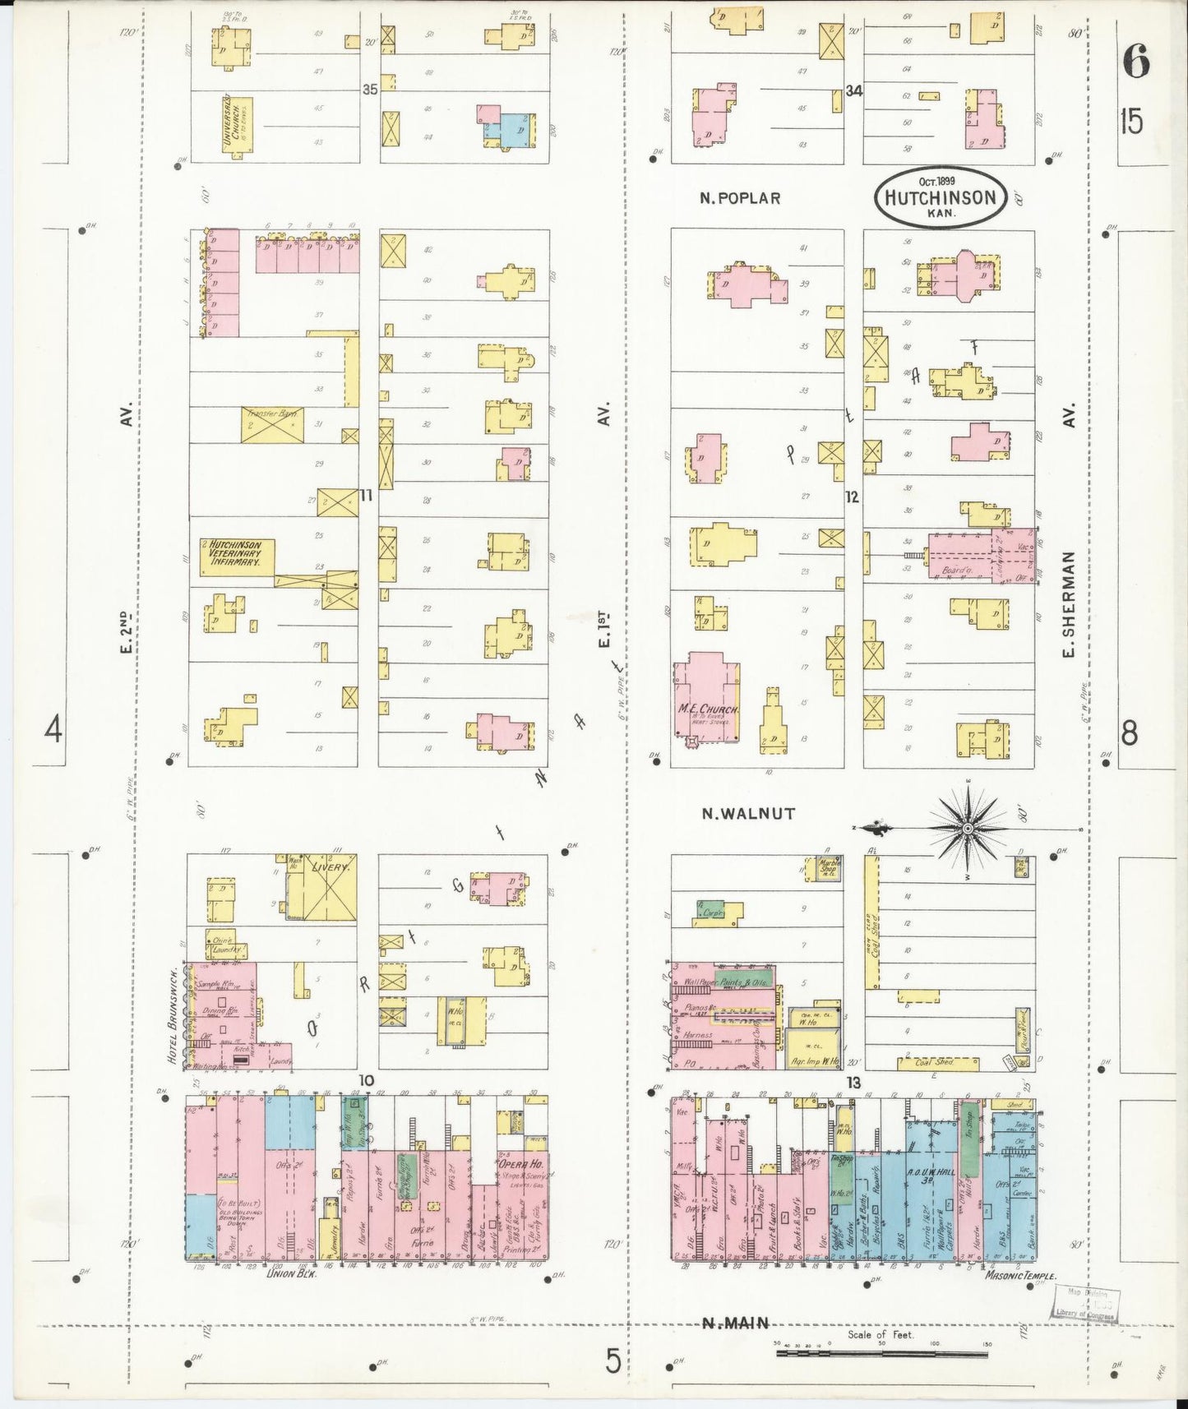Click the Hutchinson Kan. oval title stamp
941,198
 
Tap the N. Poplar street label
740,198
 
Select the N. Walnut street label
748,813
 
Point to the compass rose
968,829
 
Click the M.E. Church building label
708,709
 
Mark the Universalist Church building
235,124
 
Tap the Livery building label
331,867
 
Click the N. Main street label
736,1323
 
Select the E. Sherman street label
1069,604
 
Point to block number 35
370,90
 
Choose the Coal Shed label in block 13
935,1062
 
